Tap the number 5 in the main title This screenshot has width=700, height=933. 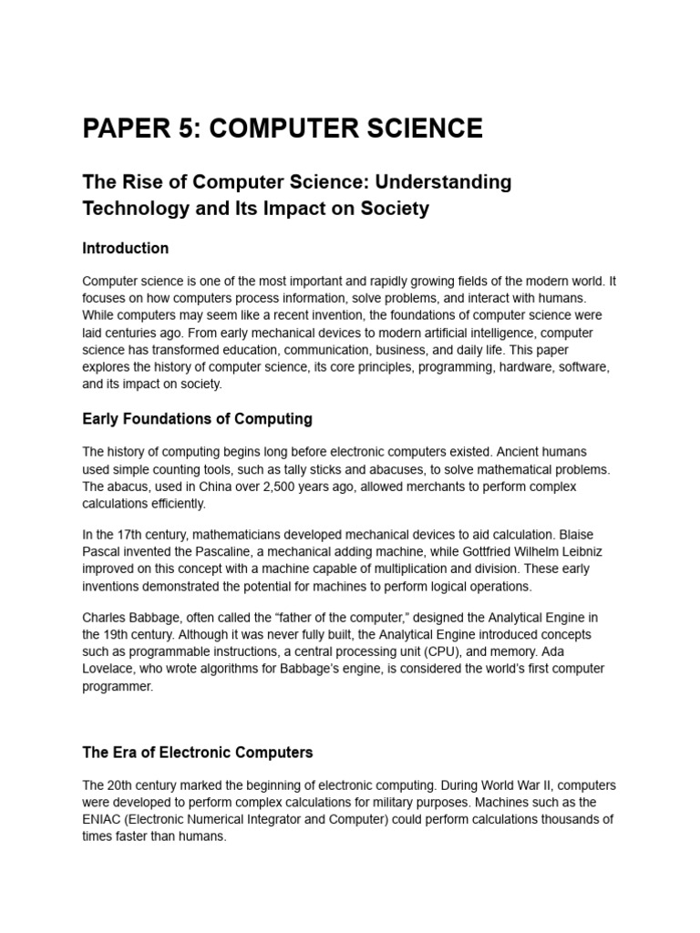coord(188,128)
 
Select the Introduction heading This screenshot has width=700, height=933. coord(125,248)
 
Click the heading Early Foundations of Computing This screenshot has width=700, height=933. coord(197,419)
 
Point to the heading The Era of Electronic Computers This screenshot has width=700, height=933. coord(197,753)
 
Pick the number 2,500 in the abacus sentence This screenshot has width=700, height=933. coord(275,487)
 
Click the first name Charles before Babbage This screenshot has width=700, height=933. coord(106,618)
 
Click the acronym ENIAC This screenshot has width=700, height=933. coord(103,819)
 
